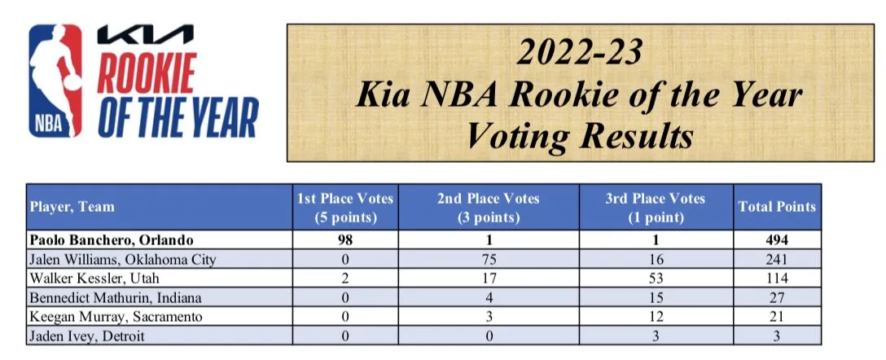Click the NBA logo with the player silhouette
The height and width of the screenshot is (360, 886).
55,81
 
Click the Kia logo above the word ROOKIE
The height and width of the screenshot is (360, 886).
145,35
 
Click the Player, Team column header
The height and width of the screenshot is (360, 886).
72,206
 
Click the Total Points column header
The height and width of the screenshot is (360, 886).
776,206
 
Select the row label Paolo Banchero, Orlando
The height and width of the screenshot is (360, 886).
108,241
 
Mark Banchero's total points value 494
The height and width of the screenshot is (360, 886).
776,241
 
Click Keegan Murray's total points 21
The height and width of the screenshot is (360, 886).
776,317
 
